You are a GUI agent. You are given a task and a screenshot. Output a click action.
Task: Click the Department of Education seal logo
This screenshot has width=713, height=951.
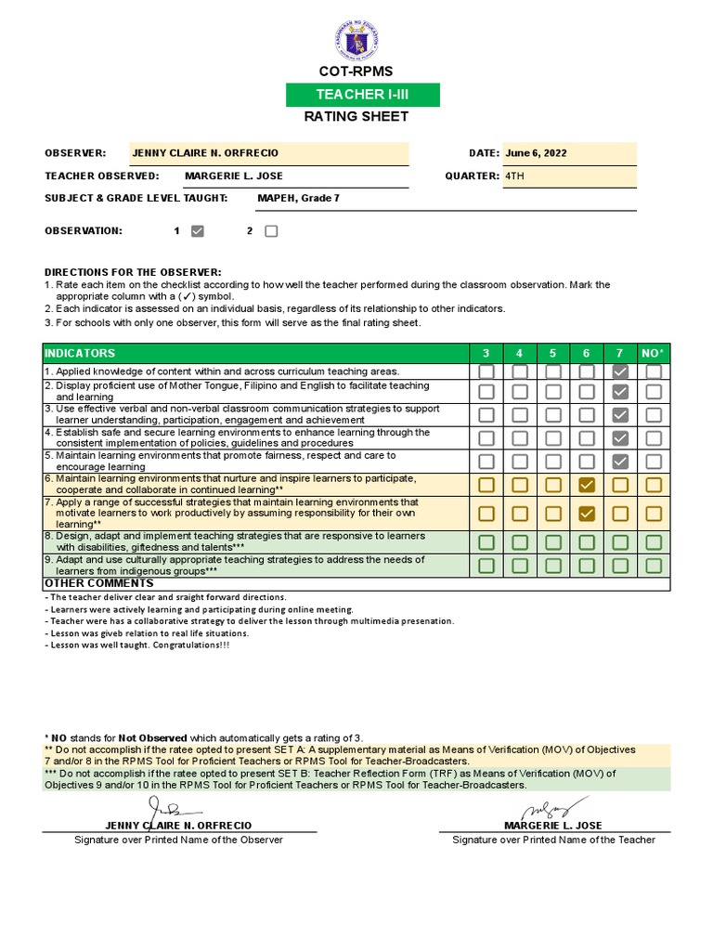356,41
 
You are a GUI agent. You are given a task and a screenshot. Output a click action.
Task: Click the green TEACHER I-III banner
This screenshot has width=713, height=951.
363,95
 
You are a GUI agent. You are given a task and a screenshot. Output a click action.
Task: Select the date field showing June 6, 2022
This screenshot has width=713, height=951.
568,153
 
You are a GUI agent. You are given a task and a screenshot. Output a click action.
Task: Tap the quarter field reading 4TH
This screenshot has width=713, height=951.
568,176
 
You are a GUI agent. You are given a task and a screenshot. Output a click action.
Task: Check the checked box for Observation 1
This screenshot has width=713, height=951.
197,231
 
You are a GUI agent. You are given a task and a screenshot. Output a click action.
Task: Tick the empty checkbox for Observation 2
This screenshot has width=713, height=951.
271,231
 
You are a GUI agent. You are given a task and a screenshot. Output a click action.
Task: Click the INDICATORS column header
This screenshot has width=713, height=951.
79,353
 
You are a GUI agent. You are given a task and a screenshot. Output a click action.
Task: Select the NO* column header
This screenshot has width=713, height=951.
654,353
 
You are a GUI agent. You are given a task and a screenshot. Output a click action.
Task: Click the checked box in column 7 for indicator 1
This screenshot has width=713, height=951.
620,371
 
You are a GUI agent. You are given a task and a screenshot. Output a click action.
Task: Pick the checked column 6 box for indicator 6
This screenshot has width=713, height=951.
587,485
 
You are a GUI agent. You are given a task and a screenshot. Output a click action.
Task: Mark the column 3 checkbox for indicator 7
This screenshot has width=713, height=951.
486,514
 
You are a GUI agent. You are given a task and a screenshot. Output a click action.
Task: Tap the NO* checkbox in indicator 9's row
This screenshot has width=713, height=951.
654,565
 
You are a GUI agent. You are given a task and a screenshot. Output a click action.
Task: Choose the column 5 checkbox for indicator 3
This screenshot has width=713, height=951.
553,415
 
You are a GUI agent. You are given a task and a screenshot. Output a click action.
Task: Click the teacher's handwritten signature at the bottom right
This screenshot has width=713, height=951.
552,806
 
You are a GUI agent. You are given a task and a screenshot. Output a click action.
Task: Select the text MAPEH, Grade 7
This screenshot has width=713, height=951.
298,198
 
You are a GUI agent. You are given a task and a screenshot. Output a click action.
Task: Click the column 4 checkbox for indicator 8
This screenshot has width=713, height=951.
520,542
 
